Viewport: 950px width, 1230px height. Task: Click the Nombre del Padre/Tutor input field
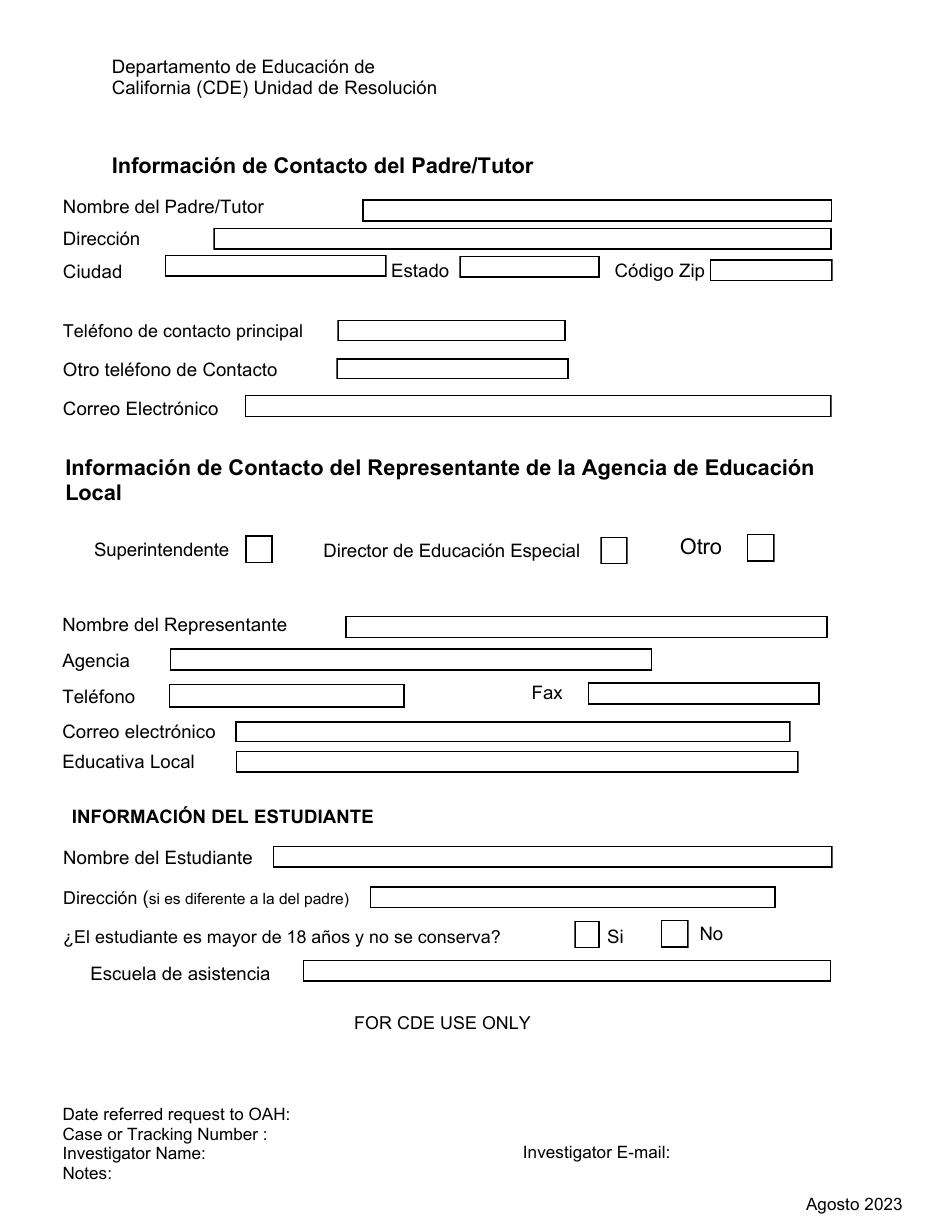596,210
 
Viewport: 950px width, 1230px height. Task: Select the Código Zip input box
770,270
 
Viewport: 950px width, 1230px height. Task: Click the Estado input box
528,267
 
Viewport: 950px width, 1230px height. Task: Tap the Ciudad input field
275,266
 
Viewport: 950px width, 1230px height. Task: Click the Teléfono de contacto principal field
451,331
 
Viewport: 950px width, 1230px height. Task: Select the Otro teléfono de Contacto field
452,369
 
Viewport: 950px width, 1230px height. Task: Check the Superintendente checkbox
259,550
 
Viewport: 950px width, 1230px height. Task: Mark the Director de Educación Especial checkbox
614,551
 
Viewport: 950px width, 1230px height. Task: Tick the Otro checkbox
761,548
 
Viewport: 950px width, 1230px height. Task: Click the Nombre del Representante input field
586,627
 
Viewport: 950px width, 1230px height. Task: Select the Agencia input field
410,660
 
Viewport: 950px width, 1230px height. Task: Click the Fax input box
703,694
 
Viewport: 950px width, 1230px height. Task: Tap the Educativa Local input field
516,762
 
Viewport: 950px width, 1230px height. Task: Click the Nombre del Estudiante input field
552,857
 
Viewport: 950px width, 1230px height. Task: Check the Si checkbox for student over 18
587,935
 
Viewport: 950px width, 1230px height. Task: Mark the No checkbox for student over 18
675,934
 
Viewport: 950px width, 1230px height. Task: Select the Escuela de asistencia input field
566,971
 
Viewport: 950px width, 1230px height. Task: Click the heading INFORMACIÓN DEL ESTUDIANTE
222,817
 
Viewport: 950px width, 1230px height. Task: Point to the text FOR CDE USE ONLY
442,1023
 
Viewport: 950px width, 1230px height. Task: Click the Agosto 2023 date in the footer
854,1205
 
